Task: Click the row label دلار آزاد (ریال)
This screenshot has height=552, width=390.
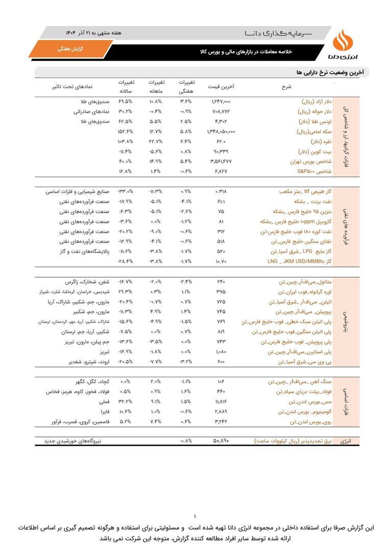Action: click(315, 102)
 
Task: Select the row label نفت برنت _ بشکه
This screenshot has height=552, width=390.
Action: click(311, 201)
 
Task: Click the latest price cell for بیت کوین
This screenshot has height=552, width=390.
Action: click(221, 151)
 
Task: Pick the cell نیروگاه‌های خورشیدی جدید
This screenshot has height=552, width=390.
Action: click(76, 440)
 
